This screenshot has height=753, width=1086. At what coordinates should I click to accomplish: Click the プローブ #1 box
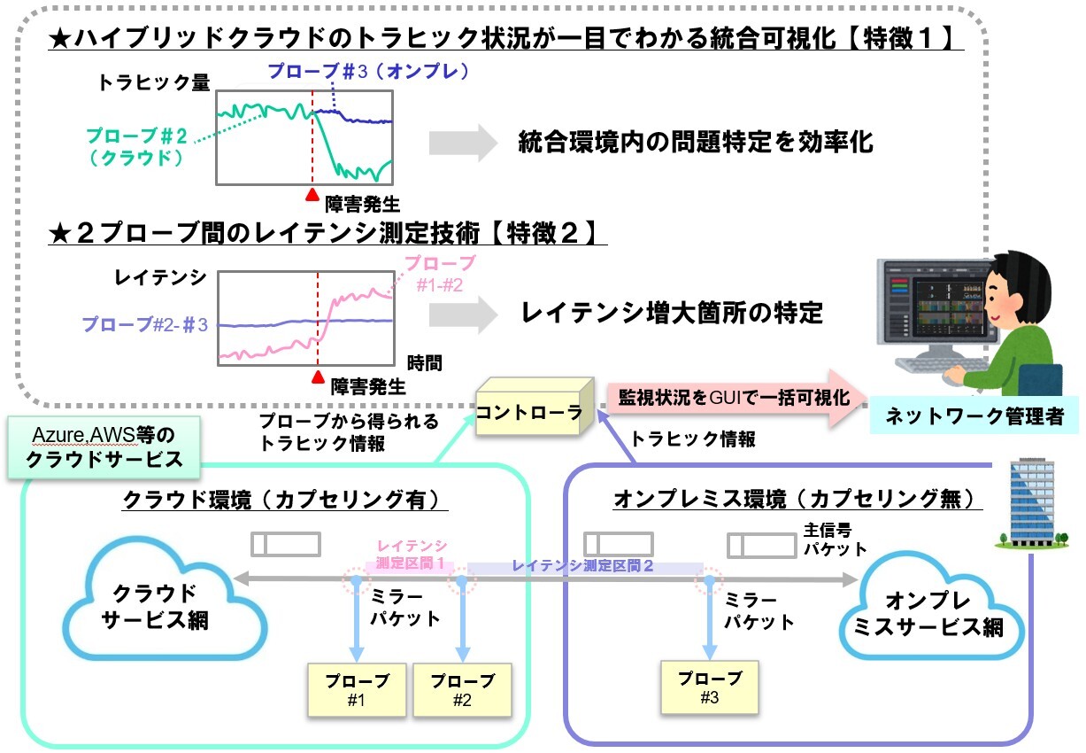coord(357,690)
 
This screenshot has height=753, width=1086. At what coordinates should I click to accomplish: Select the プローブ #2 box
coord(463,690)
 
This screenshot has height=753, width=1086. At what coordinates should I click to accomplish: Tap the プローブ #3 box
coord(709,687)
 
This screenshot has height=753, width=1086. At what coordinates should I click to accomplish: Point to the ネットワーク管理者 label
coord(974,415)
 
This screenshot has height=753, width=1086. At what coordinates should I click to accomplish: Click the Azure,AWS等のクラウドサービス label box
coord(104,447)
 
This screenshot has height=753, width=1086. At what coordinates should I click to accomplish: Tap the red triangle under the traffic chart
coord(312,195)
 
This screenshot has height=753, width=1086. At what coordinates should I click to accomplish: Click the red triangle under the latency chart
coord(318,377)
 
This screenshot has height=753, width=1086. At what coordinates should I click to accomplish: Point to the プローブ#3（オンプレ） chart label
coord(368,72)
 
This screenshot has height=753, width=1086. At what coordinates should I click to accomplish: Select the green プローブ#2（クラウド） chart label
coord(136,146)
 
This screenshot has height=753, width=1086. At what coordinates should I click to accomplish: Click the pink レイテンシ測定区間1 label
coord(410,555)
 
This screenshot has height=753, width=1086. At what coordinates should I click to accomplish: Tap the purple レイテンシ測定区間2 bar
coord(586,566)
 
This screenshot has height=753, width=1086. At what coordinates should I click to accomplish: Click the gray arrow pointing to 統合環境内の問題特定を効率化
coord(464,143)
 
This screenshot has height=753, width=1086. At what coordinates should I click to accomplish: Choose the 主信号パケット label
coord(835,540)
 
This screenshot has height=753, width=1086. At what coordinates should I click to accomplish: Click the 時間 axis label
coord(425,363)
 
